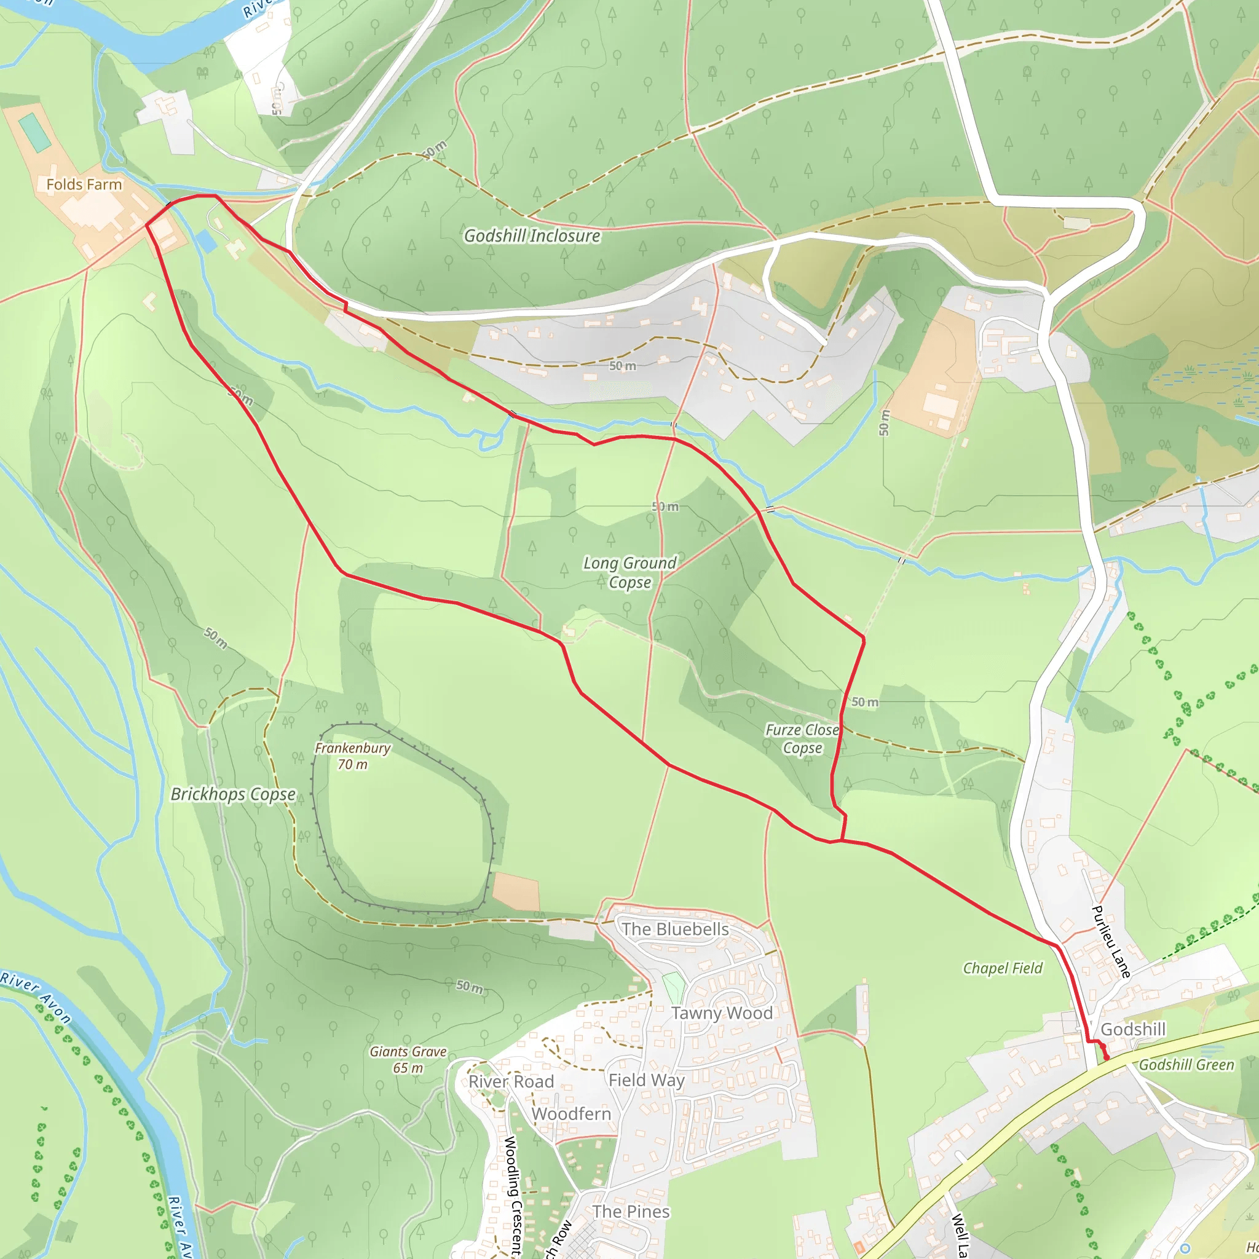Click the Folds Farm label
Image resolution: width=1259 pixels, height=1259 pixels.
(84, 184)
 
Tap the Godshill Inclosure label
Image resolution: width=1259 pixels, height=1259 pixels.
(532, 236)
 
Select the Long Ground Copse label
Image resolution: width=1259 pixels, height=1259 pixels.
(629, 572)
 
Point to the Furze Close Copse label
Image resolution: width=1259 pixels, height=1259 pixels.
(802, 738)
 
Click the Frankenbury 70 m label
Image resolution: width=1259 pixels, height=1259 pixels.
(352, 756)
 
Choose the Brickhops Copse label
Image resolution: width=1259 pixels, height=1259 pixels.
(232, 794)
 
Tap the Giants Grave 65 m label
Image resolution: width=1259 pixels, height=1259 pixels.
(408, 1059)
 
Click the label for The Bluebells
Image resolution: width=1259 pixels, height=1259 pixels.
(675, 929)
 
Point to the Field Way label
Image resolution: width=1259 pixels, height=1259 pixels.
(647, 1081)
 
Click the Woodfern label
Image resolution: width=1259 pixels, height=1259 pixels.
(572, 1114)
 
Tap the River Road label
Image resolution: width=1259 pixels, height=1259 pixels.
(511, 1082)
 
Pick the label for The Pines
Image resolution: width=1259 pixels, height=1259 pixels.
(631, 1212)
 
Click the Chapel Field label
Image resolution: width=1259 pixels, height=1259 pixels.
(1003, 968)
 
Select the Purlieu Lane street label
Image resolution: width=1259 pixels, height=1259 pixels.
(1111, 942)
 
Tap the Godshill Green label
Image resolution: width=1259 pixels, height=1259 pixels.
(1186, 1065)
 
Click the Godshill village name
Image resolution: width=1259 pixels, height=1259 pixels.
(1133, 1030)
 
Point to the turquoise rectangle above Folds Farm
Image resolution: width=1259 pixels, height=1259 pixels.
(35, 132)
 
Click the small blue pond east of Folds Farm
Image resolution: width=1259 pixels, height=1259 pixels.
(206, 241)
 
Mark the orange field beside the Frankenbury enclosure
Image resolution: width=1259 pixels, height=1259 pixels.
(516, 891)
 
